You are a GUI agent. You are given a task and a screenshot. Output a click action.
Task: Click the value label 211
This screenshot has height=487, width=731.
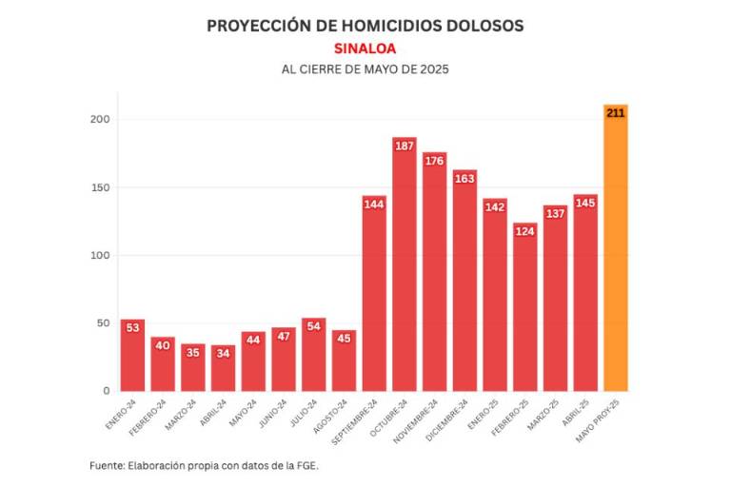pyautogui.click(x=615, y=113)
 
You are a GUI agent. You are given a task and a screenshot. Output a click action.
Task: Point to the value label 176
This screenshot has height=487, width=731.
pyautogui.click(x=434, y=160)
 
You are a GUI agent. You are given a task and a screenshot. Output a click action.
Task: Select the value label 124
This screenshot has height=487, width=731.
pyautogui.click(x=524, y=230)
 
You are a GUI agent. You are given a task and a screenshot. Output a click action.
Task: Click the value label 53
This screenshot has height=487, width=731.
pyautogui.click(x=132, y=327)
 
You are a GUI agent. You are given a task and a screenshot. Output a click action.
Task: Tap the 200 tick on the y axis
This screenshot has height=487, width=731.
pyautogui.click(x=100, y=119)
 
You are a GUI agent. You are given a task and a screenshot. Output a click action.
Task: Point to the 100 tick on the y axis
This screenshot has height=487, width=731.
pyautogui.click(x=100, y=255)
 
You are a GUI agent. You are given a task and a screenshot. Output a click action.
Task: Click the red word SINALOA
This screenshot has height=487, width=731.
pyautogui.click(x=365, y=48)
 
